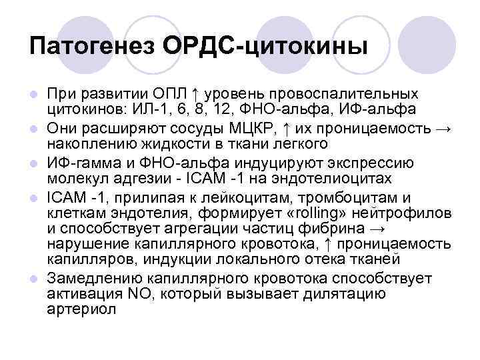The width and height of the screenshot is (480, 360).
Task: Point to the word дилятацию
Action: [x=370, y=293]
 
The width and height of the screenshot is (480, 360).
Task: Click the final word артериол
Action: [x=81, y=309]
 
